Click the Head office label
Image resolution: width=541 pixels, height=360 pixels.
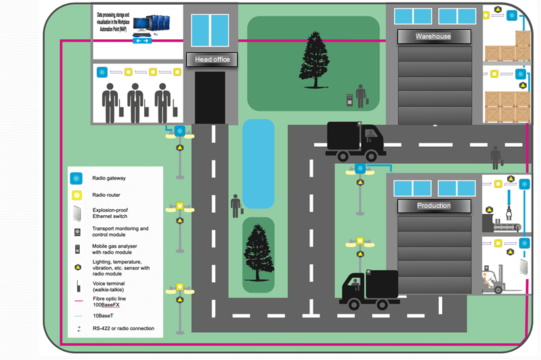[212, 60]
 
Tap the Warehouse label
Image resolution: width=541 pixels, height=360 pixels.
[433, 36]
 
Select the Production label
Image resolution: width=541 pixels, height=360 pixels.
[434, 206]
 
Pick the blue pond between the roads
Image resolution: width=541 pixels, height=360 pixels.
[258, 163]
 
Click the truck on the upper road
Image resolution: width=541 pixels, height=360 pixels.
[354, 141]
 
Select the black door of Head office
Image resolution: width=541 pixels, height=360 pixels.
[209, 97]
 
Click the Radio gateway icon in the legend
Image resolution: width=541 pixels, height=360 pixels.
[77, 179]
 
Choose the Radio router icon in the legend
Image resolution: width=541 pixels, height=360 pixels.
[77, 196]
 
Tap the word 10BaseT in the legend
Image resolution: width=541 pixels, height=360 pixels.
[102, 315]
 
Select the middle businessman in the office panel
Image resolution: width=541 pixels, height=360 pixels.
[136, 102]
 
